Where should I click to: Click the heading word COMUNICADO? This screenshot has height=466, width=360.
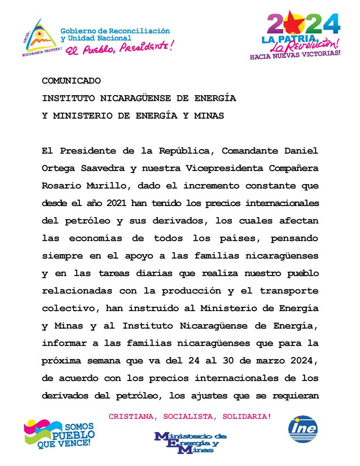pos(71,81)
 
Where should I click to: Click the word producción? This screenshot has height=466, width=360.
pos(206,291)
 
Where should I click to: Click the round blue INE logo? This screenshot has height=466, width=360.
pos(303,428)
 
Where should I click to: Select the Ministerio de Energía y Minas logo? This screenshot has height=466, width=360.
pos(190,442)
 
